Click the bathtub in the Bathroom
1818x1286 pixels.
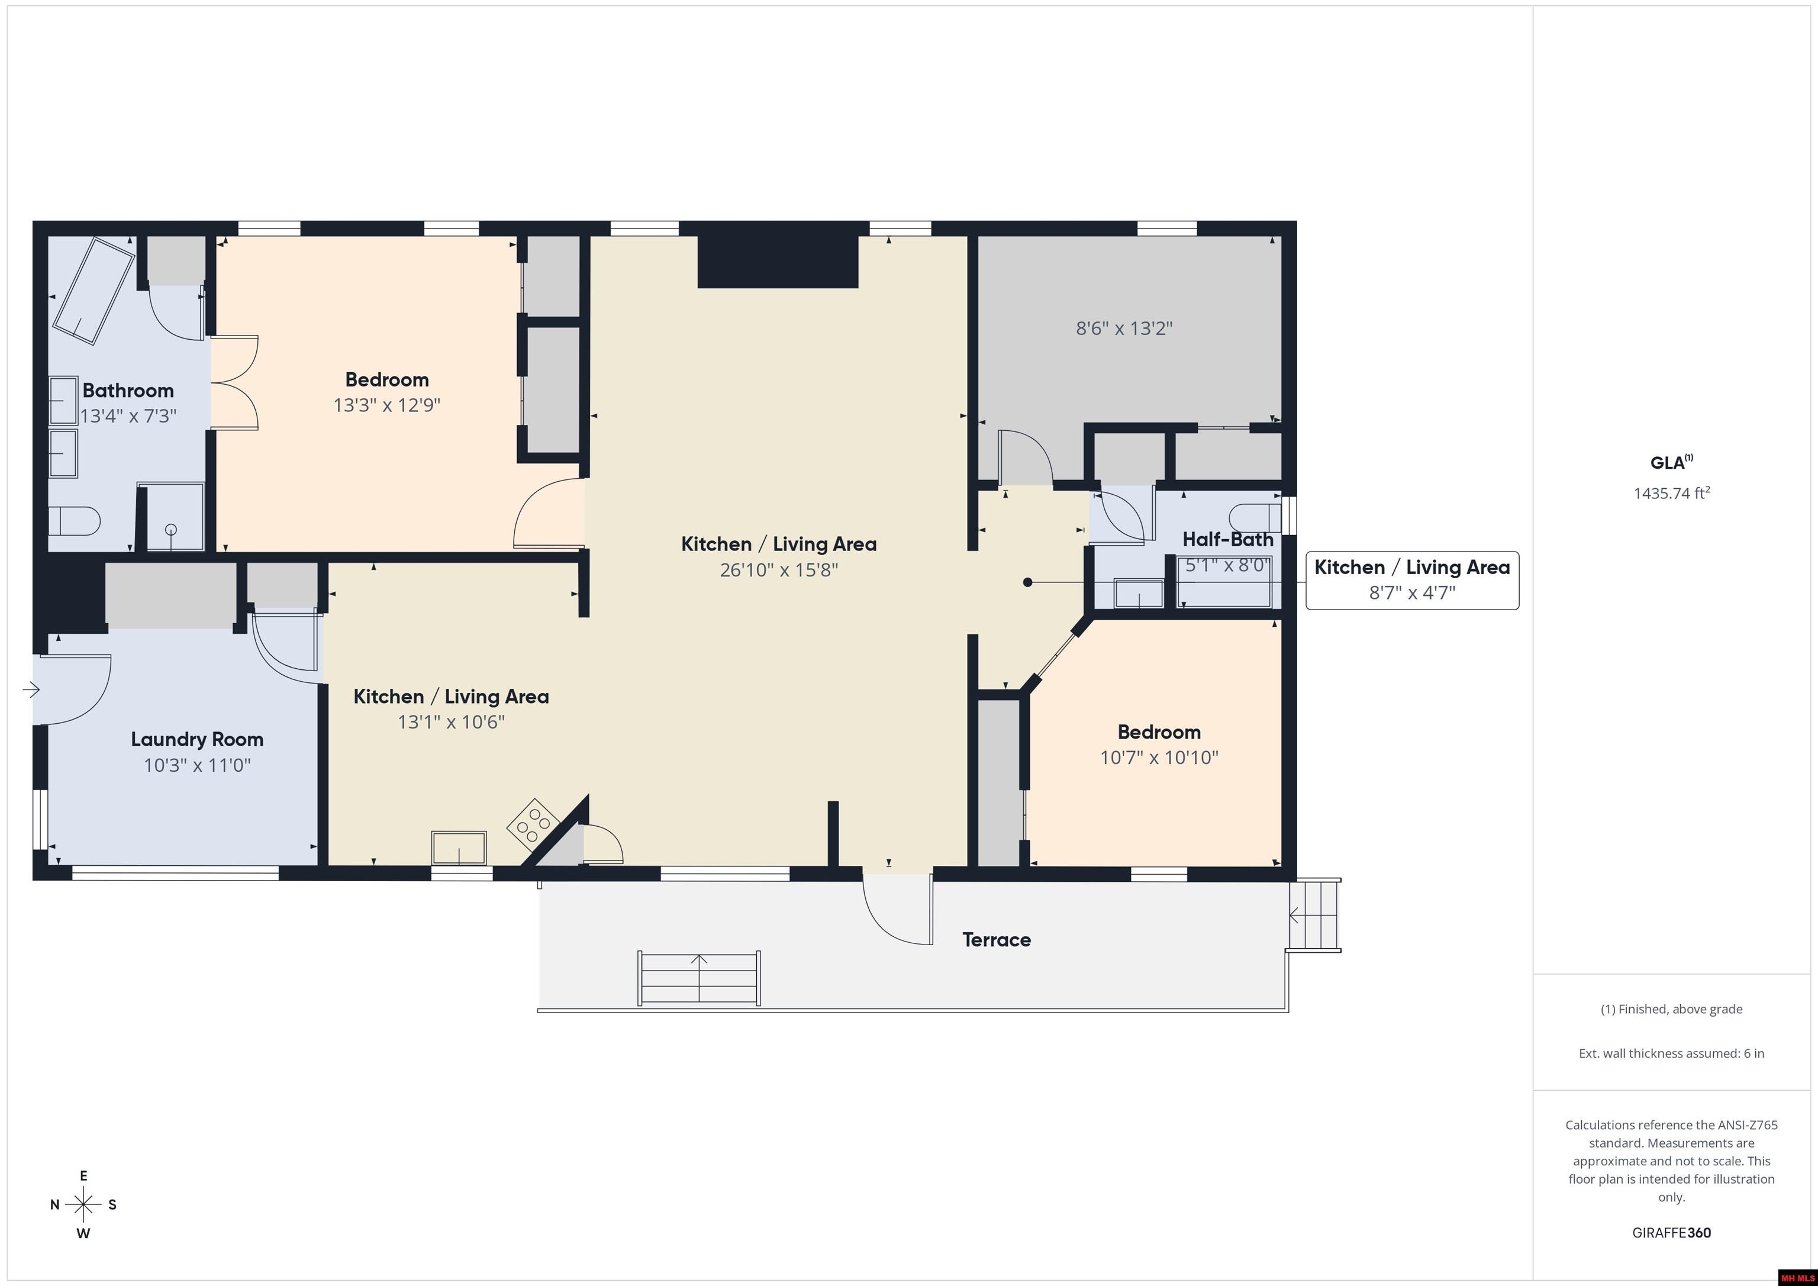click(x=94, y=291)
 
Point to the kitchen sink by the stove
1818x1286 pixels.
click(x=459, y=847)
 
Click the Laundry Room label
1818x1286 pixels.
click(x=197, y=739)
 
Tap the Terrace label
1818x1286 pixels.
click(x=996, y=939)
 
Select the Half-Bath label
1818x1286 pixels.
click(x=1227, y=539)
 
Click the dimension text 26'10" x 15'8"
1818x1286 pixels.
click(x=778, y=569)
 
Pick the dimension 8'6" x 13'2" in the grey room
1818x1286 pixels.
click(x=1124, y=328)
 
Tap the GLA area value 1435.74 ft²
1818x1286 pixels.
click(x=1671, y=492)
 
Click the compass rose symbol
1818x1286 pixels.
click(x=83, y=1204)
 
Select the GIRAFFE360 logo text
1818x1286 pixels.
click(x=1671, y=1232)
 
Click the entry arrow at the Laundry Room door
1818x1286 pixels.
click(x=31, y=689)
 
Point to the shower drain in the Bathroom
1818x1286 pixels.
click(x=170, y=530)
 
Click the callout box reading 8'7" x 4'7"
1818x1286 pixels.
click(x=1412, y=581)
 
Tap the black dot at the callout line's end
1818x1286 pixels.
click(x=1028, y=582)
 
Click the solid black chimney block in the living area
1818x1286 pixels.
click(x=778, y=262)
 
